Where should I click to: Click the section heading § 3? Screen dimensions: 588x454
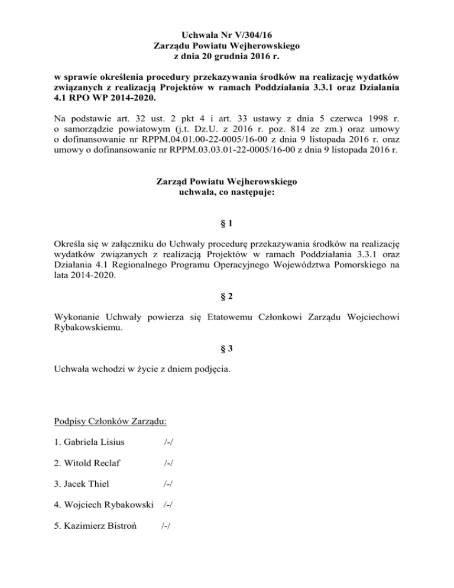[x=226, y=349]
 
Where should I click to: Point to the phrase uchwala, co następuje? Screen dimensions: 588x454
[x=226, y=192]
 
